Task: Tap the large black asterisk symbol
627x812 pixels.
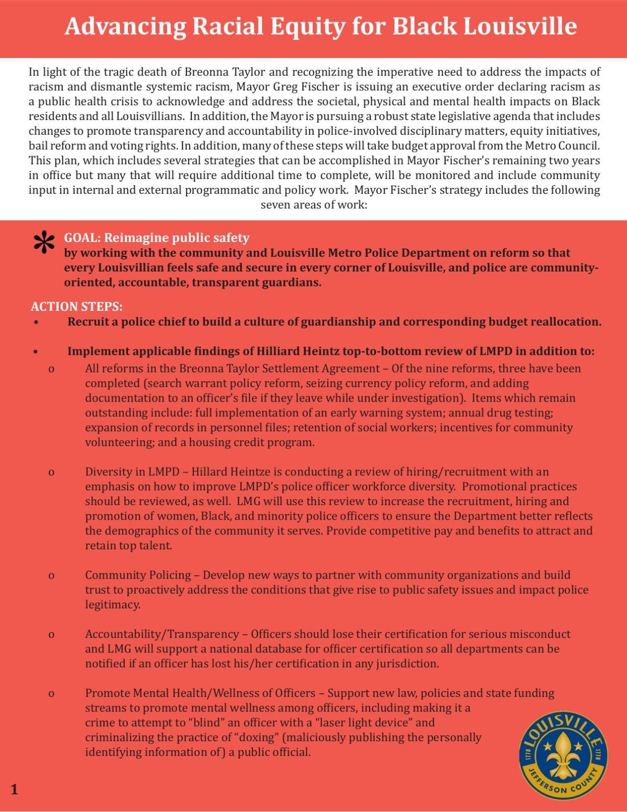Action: pos(44,243)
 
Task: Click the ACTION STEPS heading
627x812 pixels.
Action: pos(76,306)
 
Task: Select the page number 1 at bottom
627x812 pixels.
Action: pos(14,790)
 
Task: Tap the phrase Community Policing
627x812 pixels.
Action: pos(138,575)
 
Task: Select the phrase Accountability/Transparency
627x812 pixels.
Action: pos(162,634)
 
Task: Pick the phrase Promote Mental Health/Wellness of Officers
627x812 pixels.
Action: pos(200,693)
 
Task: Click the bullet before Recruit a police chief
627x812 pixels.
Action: pos(36,322)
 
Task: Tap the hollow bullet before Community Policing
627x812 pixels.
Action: pos(51,576)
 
